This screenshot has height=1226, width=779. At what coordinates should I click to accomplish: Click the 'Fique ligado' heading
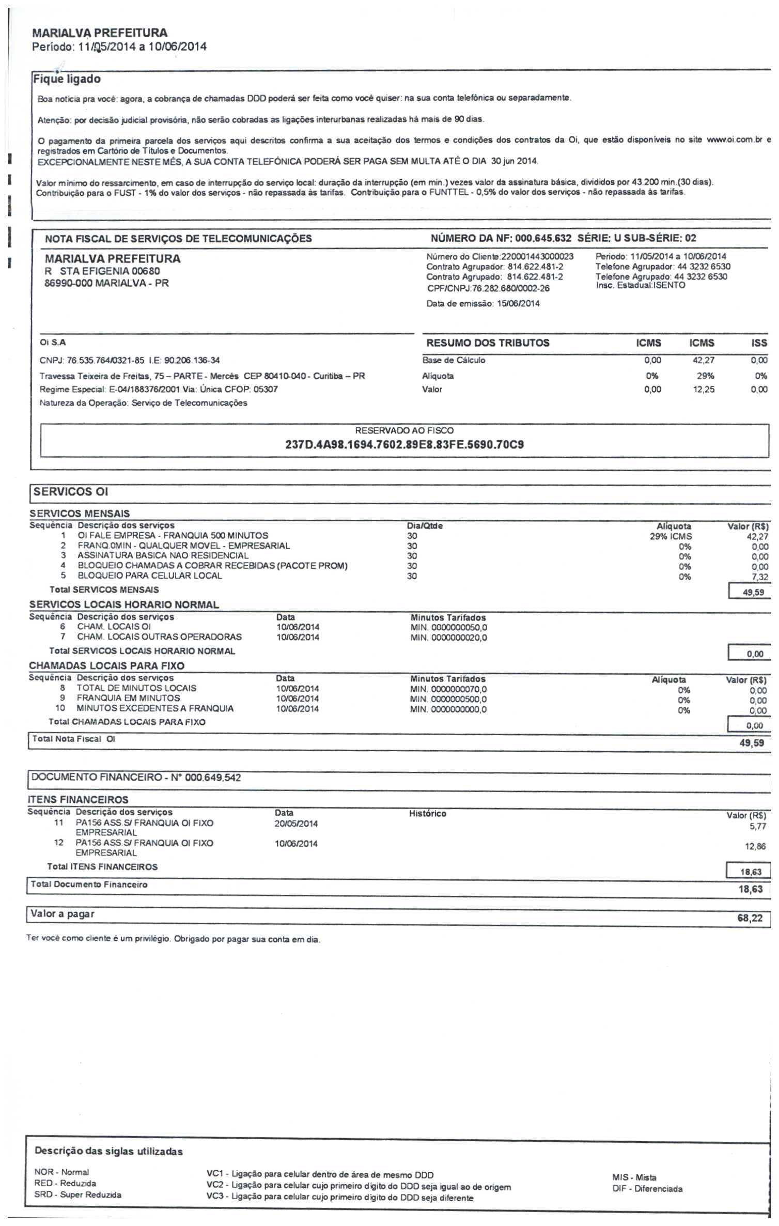tap(67, 79)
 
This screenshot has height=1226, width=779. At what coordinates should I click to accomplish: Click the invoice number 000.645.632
tap(543, 238)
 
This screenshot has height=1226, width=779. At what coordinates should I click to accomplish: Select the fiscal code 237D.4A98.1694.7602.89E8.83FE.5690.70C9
tap(404, 445)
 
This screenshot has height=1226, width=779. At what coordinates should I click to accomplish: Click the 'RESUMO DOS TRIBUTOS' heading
tap(488, 343)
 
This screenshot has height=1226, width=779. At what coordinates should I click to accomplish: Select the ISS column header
tap(759, 343)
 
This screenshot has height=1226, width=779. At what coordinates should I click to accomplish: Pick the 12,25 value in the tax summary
tap(704, 390)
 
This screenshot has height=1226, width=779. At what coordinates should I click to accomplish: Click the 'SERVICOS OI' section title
tap(71, 492)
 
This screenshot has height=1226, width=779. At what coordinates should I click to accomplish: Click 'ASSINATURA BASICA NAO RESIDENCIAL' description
tap(163, 556)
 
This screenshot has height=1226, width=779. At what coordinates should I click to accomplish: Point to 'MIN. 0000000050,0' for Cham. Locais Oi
tap(448, 628)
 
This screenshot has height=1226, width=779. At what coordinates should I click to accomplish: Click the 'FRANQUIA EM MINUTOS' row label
tap(128, 699)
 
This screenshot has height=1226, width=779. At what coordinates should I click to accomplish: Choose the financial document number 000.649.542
tap(213, 778)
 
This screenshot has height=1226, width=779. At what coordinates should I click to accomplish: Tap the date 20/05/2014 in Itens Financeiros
tap(296, 824)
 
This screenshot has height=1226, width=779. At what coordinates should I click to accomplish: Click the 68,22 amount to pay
tap(750, 919)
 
